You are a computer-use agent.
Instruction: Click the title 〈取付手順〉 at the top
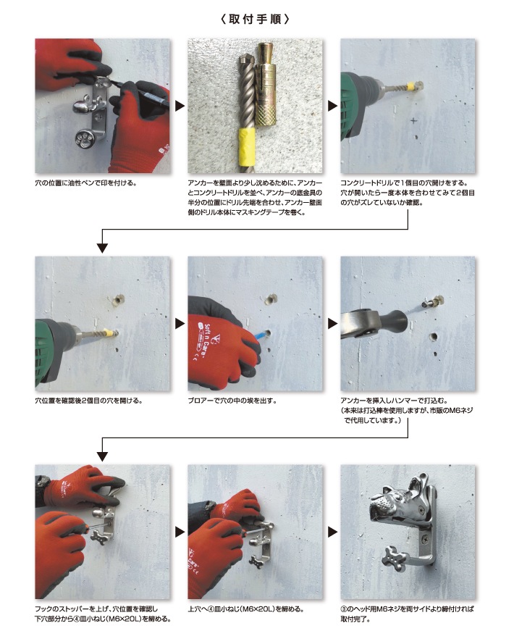(x=255, y=19)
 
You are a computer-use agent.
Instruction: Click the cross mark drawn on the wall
(x=413, y=120)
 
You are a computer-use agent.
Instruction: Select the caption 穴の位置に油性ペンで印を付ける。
(x=86, y=183)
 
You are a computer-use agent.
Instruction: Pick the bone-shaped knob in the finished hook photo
(x=395, y=558)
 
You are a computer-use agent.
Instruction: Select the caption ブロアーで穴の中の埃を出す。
(x=232, y=401)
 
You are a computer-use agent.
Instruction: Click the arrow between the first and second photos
(x=180, y=106)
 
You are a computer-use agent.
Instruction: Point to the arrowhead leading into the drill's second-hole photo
(x=102, y=248)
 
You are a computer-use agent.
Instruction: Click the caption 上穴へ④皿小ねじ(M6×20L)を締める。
(x=246, y=609)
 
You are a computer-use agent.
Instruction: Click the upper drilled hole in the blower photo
(x=271, y=298)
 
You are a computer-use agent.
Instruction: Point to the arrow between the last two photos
(x=332, y=532)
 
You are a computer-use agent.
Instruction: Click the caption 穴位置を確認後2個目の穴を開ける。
(x=88, y=401)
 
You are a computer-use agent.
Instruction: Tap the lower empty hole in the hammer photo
(x=433, y=337)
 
